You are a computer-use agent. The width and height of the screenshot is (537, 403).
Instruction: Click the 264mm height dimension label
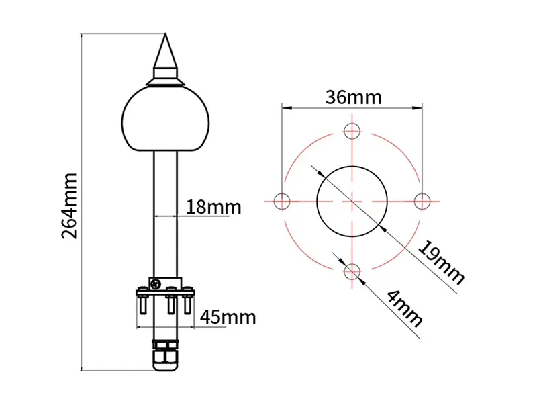[x=70, y=206]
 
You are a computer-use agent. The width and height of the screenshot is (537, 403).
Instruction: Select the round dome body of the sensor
[x=164, y=117]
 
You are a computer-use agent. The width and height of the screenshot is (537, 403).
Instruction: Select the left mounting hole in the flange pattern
[x=283, y=199]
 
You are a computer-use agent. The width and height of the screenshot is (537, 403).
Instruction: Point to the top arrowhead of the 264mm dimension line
[x=82, y=36]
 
